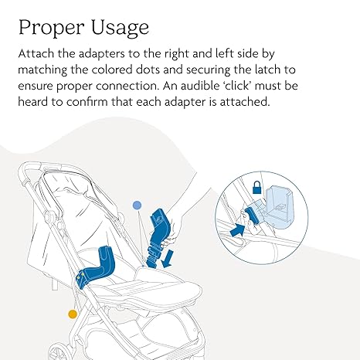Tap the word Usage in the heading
(x=117, y=29)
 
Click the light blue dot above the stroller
(x=138, y=205)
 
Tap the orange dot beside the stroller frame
(x=72, y=314)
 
